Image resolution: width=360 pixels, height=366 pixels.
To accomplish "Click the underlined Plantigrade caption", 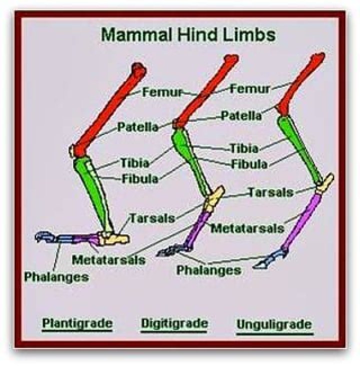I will click(77, 322).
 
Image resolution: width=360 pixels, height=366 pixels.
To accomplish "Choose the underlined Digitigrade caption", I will click(174, 322).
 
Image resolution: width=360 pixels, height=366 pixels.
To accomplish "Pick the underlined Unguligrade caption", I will click(273, 324).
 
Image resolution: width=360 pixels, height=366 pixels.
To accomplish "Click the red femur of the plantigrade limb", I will click(107, 108).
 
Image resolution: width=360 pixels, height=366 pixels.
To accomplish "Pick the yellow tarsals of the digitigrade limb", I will click(214, 198).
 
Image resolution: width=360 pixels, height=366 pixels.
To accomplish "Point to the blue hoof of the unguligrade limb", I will click(265, 260).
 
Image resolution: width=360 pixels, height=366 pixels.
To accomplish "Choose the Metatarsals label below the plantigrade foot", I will click(108, 260).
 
